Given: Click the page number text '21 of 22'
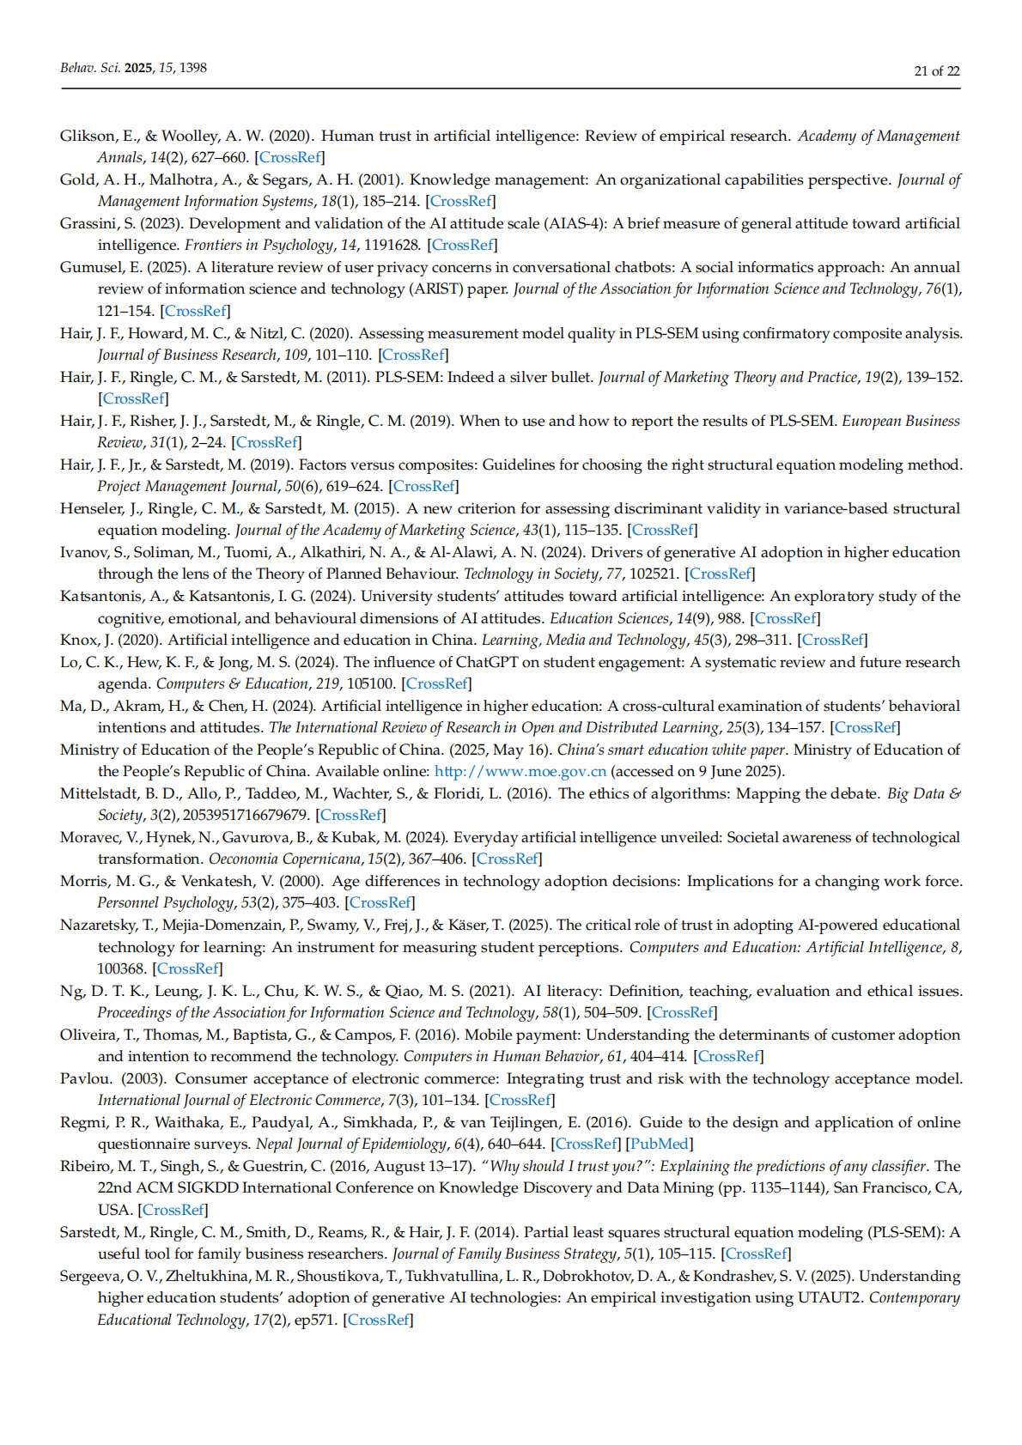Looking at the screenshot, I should [936, 71].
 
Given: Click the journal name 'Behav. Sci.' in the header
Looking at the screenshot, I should [90, 68].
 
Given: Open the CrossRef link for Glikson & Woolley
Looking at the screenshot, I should [289, 157].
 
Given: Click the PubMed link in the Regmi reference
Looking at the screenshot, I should [660, 1144].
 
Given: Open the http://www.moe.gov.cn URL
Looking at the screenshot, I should [520, 771].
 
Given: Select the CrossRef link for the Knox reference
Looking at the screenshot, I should [832, 640].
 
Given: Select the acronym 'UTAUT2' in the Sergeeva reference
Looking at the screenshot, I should [829, 1297].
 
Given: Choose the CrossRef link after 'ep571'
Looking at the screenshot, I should [378, 1320].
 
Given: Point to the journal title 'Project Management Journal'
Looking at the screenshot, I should [188, 486].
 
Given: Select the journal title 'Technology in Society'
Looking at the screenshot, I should [531, 574].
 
